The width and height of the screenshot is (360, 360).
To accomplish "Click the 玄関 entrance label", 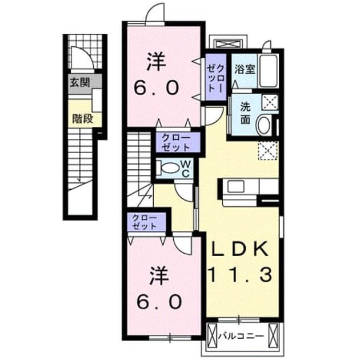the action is (x=79, y=82).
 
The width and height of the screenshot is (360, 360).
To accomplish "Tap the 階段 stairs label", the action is (x=83, y=118).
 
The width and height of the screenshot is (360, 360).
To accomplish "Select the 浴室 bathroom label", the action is (x=245, y=69).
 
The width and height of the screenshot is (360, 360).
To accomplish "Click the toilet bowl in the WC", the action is (x=170, y=169).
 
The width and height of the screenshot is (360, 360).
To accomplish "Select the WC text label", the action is (x=186, y=169).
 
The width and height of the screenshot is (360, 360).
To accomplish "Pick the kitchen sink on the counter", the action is (x=235, y=186).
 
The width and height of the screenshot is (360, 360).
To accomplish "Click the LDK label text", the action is (x=240, y=249).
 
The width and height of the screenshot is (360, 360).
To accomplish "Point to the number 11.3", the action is (x=240, y=275).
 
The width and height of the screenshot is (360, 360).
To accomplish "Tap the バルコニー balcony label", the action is (x=241, y=337).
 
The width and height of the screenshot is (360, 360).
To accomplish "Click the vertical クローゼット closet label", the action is (x=216, y=78).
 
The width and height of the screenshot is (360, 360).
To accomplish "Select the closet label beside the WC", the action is (x=176, y=143).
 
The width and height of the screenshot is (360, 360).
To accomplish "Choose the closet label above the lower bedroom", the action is (x=145, y=222).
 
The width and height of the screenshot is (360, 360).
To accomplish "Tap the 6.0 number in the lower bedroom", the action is (x=159, y=302).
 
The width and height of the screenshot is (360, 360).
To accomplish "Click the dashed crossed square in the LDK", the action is (x=269, y=150).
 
